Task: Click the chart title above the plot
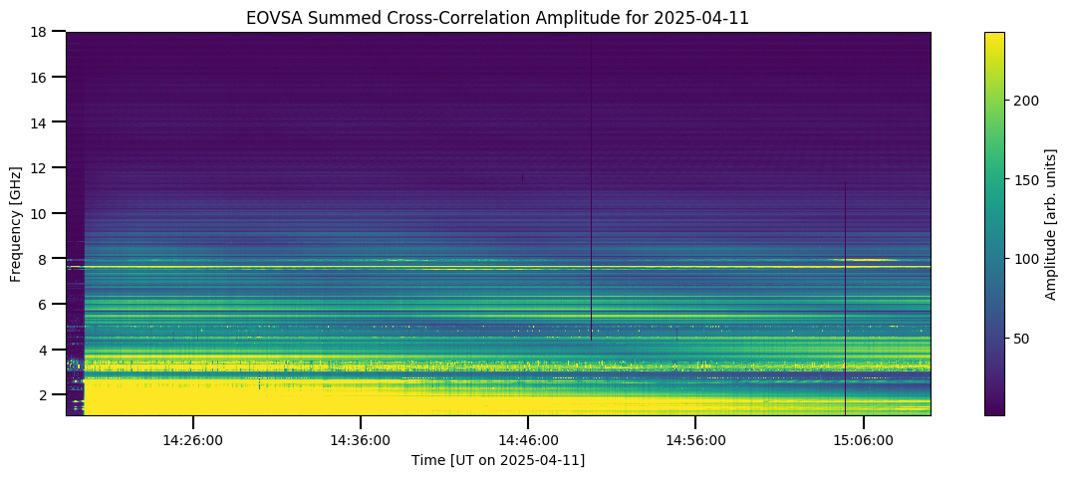click(498, 18)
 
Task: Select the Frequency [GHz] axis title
click(15, 223)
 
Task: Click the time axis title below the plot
click(498, 461)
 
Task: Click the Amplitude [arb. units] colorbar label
click(1051, 223)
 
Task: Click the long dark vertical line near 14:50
click(591, 186)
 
